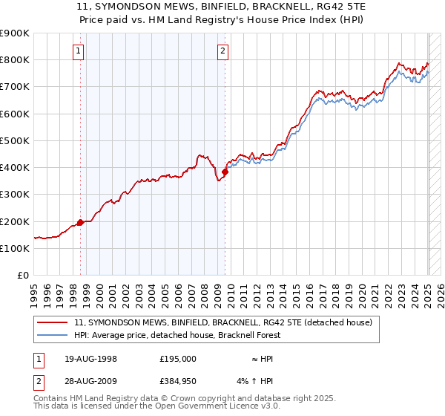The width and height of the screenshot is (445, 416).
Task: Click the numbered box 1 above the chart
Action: pyautogui.click(x=79, y=51)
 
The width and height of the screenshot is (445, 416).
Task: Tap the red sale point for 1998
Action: pyautogui.click(x=80, y=222)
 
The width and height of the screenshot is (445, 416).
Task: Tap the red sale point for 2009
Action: pyautogui.click(x=225, y=171)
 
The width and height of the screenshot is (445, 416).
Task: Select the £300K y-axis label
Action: pyautogui.click(x=16, y=195)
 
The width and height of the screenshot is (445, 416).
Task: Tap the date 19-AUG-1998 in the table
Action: pyautogui.click(x=91, y=358)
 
